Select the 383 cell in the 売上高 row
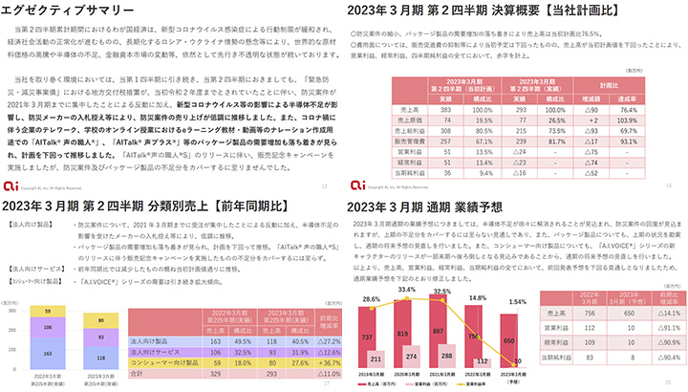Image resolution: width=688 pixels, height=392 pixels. point(419,110)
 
